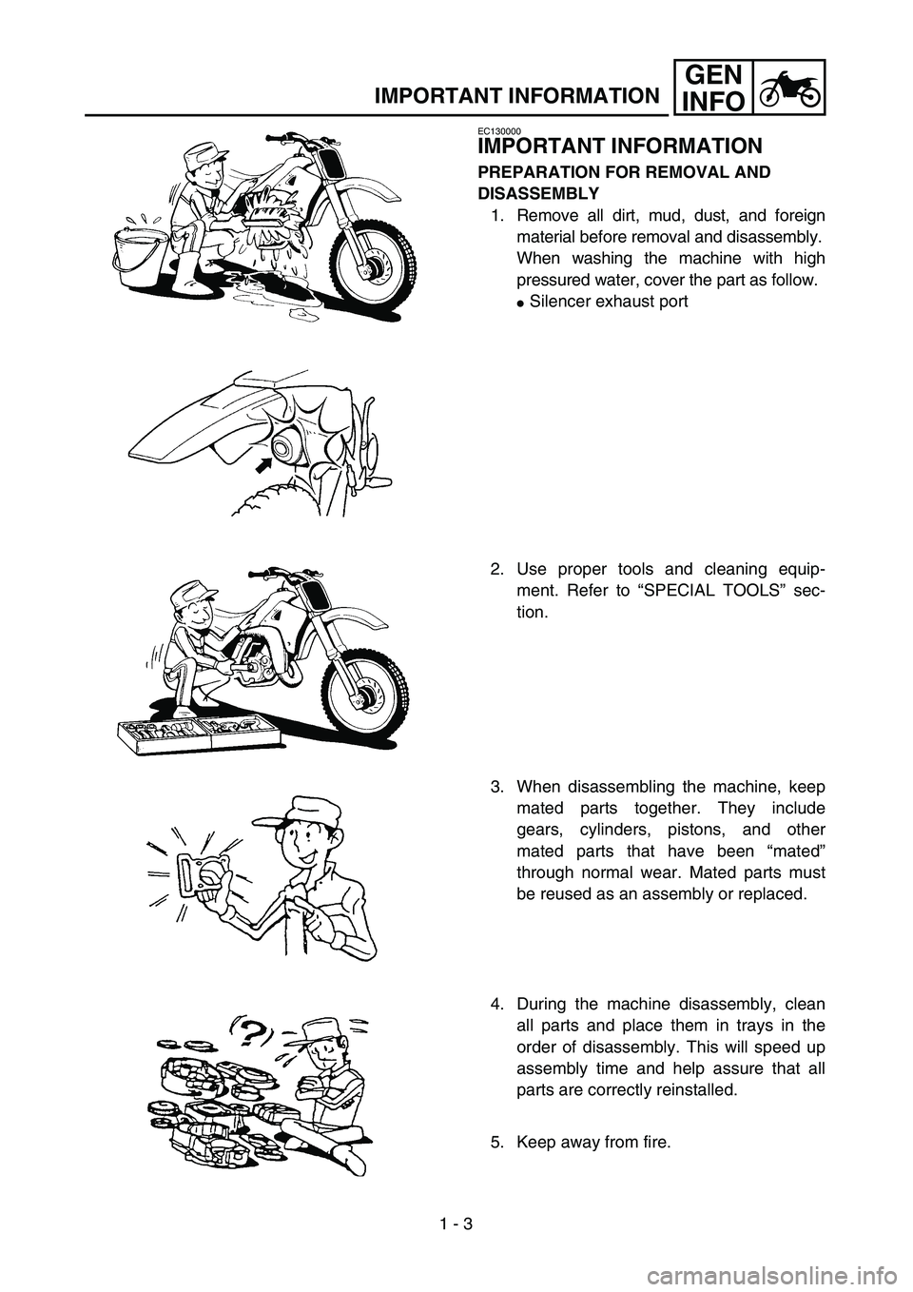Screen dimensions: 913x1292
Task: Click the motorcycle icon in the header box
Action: pyautogui.click(x=788, y=88)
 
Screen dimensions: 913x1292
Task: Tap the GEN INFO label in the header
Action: pyautogui.click(x=713, y=88)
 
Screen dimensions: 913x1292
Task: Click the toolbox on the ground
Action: pyautogui.click(x=198, y=734)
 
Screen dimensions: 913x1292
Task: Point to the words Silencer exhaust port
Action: pyautogui.click(x=609, y=302)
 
